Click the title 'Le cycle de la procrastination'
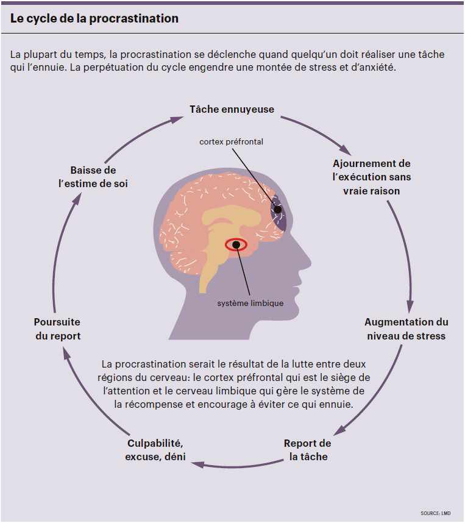(x=94, y=18)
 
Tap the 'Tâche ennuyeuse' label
(x=232, y=110)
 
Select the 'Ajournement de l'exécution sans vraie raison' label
(x=372, y=177)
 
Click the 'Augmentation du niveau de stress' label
(x=406, y=329)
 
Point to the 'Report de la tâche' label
(x=308, y=450)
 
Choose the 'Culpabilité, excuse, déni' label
(x=155, y=450)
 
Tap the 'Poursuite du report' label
(x=57, y=329)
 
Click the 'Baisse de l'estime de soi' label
(x=93, y=177)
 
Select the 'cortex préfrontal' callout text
(x=231, y=142)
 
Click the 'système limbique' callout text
(x=250, y=302)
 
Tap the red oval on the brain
(x=236, y=245)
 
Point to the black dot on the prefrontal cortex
(x=277, y=210)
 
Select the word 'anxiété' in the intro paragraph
(x=377, y=67)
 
